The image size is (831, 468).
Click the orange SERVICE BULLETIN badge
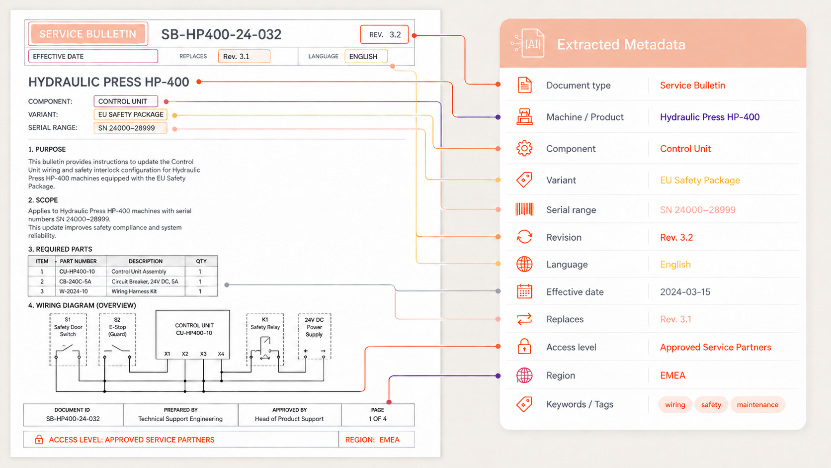pyautogui.click(x=88, y=34)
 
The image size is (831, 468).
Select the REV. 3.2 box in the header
pyautogui.click(x=384, y=34)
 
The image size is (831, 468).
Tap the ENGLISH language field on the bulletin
pyautogui.click(x=366, y=56)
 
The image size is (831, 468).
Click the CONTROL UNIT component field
pyautogui.click(x=126, y=101)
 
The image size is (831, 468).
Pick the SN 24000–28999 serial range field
pyautogui.click(x=130, y=128)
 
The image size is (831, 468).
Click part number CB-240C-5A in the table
pyautogui.click(x=76, y=281)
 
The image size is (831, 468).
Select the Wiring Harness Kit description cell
pyautogui.click(x=134, y=291)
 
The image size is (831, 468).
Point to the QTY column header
pyautogui.click(x=201, y=261)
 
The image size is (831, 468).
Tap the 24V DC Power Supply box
pyautogui.click(x=314, y=336)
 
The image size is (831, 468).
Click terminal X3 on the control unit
pyautogui.click(x=203, y=354)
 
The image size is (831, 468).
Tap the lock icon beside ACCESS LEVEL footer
pyautogui.click(x=39, y=440)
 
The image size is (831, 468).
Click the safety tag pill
pyautogui.click(x=711, y=404)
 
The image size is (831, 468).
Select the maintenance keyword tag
pyautogui.click(x=757, y=404)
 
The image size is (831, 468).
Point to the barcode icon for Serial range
pyautogui.click(x=524, y=209)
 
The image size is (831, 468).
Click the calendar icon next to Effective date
pyautogui.click(x=524, y=292)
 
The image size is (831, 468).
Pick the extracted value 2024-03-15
pyautogui.click(x=685, y=292)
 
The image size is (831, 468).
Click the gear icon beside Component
pyautogui.click(x=524, y=148)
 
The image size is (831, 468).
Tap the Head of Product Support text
pyautogui.click(x=289, y=419)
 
